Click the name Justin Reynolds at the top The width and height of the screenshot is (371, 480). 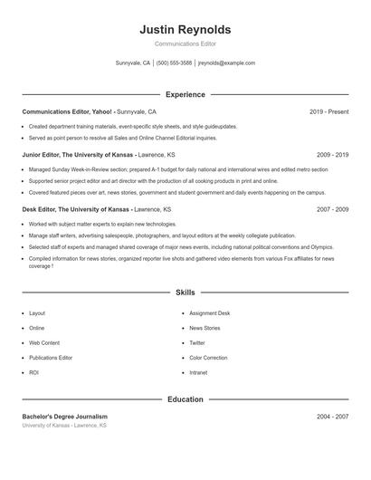185,30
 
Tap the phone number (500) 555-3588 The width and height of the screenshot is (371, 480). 174,63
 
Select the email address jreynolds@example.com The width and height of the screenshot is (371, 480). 226,63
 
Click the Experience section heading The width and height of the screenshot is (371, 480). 185,94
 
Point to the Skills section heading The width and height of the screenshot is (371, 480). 185,293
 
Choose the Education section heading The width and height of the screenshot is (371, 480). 185,399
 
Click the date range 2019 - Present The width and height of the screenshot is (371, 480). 328,111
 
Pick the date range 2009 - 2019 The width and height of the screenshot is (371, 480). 332,155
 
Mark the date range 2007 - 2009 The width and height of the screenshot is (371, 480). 332,208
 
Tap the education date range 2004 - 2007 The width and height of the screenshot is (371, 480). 332,417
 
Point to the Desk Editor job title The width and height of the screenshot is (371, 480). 41,208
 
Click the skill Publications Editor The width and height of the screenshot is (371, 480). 51,358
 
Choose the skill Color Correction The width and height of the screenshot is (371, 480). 209,358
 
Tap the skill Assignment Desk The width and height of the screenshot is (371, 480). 210,313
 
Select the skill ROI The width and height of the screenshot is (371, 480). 33,372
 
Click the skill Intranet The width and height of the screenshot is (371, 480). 198,372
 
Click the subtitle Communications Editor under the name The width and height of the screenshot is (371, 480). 185,43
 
